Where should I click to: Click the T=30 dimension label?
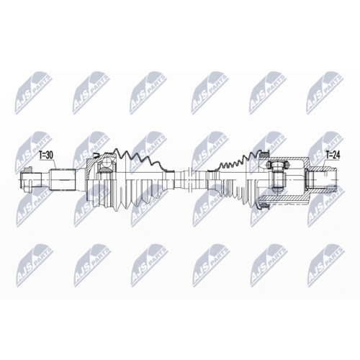46,156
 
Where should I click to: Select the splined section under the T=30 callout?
63,179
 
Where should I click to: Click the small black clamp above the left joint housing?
96,155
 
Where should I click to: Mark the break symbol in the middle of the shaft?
189,180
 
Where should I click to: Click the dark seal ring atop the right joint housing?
265,153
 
